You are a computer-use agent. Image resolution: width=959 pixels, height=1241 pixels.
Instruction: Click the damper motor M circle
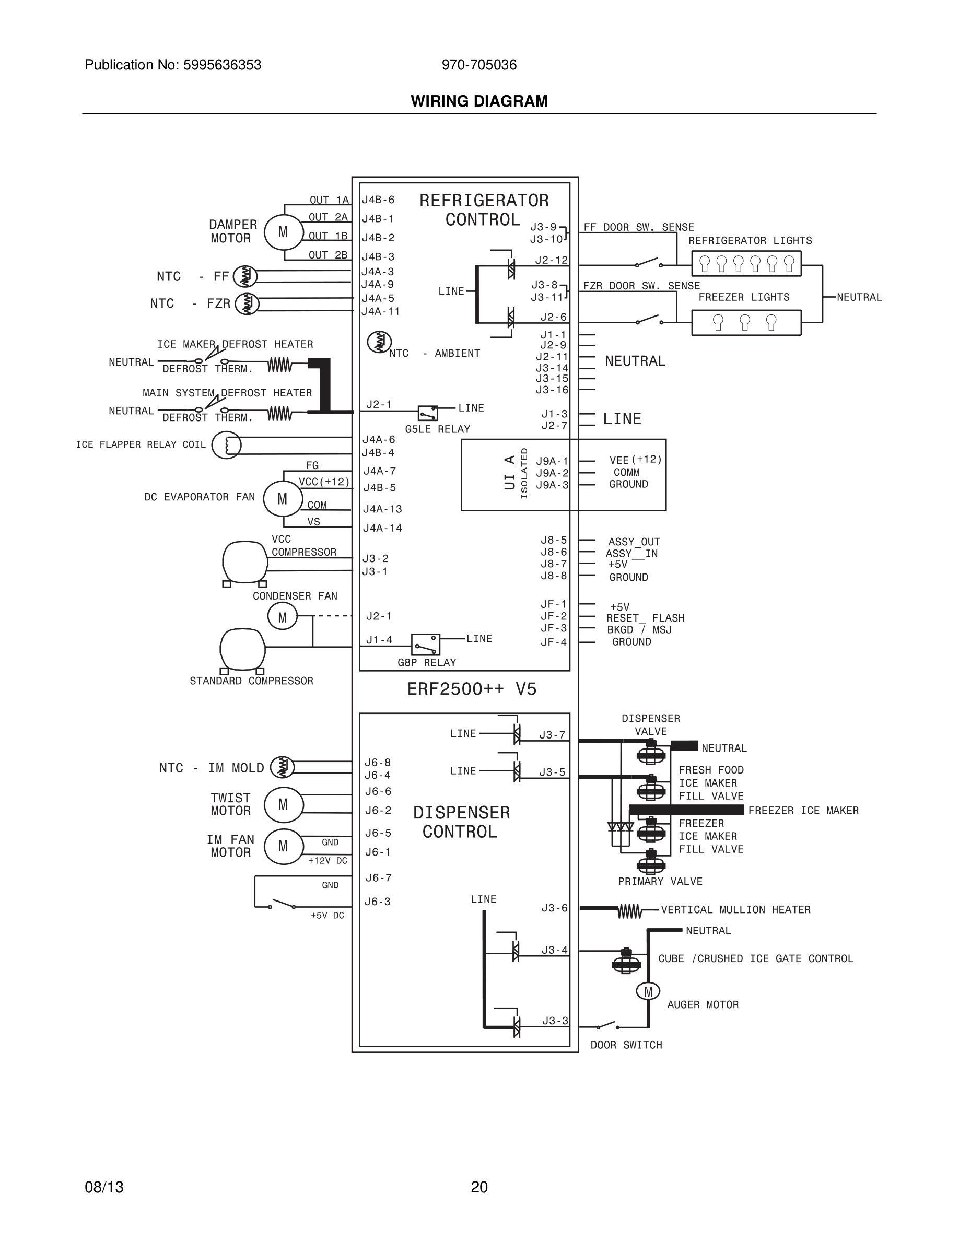(284, 232)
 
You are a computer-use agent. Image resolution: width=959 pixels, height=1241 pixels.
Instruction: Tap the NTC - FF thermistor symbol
(245, 277)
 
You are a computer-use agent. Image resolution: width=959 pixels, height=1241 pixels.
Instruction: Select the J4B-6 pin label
(378, 200)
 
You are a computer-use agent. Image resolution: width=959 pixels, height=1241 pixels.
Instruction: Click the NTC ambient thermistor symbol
(379, 342)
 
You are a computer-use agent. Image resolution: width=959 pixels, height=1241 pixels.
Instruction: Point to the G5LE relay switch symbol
(428, 413)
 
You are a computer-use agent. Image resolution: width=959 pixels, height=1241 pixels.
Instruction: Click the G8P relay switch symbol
(426, 645)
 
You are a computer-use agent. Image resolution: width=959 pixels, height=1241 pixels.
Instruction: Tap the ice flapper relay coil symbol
(227, 444)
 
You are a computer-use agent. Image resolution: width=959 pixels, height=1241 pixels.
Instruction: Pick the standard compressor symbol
(242, 649)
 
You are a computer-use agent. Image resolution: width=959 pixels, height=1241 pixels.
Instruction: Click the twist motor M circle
(284, 804)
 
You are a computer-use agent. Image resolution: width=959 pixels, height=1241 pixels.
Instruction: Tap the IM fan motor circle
(284, 847)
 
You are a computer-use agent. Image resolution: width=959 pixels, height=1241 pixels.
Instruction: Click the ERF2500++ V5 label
(472, 689)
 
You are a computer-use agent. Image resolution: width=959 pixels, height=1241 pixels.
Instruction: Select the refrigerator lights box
(746, 264)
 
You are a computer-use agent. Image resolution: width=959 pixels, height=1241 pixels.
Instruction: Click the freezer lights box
(746, 323)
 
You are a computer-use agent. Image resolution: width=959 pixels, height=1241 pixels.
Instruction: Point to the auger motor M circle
(648, 991)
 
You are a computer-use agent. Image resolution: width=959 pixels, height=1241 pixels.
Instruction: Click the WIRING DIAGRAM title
(479, 101)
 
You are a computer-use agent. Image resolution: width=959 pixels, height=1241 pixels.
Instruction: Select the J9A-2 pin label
(552, 473)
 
